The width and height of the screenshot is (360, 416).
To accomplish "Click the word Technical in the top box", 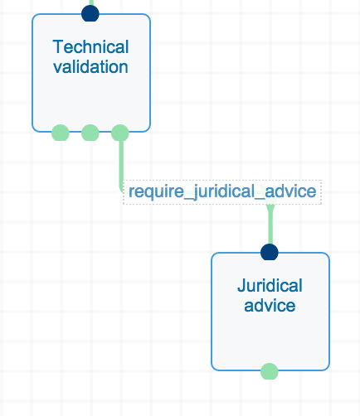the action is tap(90, 47).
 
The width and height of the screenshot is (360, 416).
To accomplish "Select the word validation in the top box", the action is tap(90, 67).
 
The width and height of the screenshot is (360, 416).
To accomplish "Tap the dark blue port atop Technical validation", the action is tap(90, 13).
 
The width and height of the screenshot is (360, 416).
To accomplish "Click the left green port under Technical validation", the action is tap(61, 133).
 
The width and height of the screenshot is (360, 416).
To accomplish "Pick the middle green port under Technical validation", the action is tap(90, 133).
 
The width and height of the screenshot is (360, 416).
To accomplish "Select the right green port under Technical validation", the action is tap(120, 133).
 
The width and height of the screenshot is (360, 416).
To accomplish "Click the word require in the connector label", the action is tap(156, 191).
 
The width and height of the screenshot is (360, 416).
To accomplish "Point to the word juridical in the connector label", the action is tap(223, 191).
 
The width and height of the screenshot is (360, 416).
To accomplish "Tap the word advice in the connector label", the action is tap(290, 191).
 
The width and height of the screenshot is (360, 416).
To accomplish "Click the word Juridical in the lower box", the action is tap(270, 285).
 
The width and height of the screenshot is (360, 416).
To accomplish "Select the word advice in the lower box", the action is tap(270, 306).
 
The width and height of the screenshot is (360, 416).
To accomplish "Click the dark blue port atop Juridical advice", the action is tap(270, 252).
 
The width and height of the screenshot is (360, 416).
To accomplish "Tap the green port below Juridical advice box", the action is tap(270, 371).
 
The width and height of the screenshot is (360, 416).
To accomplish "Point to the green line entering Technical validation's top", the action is tap(90, 2).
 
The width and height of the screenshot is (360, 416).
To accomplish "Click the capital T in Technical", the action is tap(59, 47).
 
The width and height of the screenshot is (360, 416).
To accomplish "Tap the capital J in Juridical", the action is tap(241, 285).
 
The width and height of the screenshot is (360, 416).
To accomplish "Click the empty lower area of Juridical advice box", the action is tap(270, 342).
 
